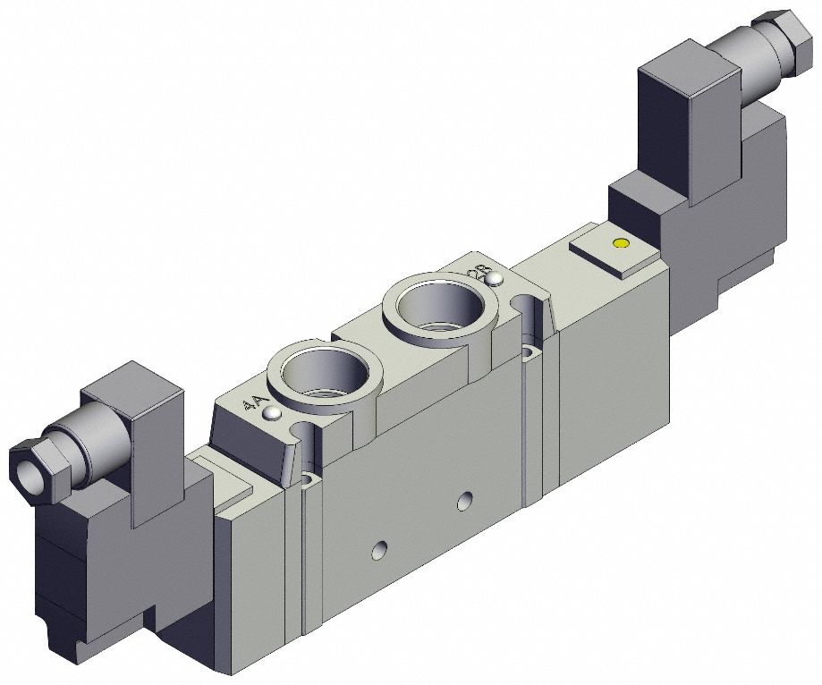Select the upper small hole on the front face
[x=463, y=501]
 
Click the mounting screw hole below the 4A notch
[x=309, y=481]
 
